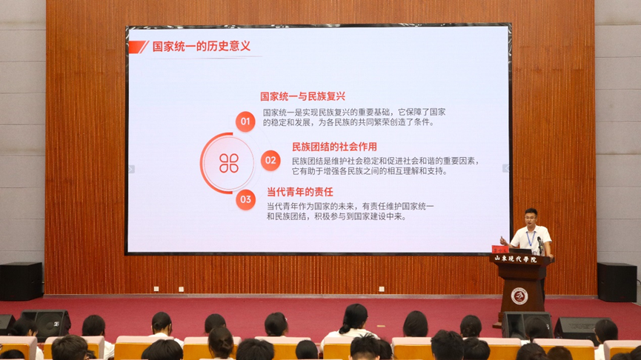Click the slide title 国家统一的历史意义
click(x=201, y=46)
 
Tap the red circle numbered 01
click(x=245, y=121)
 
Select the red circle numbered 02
click(x=270, y=160)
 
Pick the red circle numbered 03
click(x=246, y=199)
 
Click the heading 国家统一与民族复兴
click(x=302, y=96)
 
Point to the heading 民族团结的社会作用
click(x=334, y=147)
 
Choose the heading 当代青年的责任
click(x=300, y=192)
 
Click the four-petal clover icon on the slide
click(x=229, y=163)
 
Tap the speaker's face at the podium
click(x=531, y=218)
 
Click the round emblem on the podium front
click(x=519, y=296)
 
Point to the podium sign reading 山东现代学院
click(x=516, y=259)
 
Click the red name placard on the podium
click(x=499, y=249)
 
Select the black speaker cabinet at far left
click(x=21, y=281)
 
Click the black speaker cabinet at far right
click(x=617, y=282)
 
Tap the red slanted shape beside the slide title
click(x=139, y=47)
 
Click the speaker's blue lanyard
click(x=531, y=239)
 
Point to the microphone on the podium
click(x=540, y=244)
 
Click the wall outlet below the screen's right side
click(x=382, y=290)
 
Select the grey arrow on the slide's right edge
click(x=505, y=168)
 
